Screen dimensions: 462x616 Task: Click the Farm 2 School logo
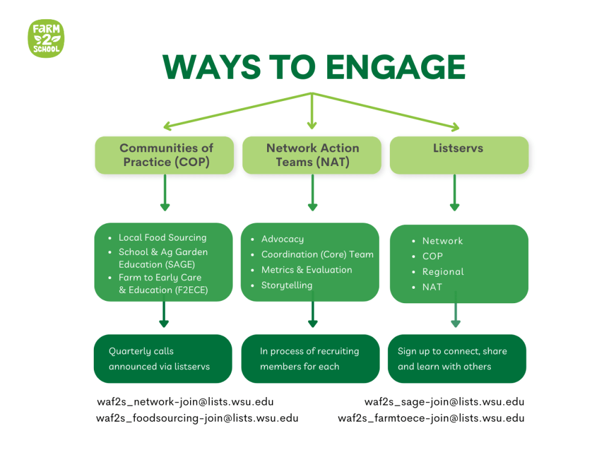[46, 38]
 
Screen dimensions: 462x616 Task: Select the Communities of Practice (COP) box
[164, 155]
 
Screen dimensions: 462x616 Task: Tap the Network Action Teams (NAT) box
[312, 155]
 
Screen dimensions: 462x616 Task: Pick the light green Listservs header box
[459, 155]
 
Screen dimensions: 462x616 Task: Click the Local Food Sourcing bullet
[162, 238]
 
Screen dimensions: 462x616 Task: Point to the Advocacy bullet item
[282, 239]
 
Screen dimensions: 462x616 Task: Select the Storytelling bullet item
[286, 285]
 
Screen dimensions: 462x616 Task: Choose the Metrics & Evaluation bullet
[306, 270]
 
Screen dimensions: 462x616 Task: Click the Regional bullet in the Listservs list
[443, 271]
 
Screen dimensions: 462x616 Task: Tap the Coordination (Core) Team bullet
[317, 254]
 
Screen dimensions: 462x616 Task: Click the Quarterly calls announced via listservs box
[162, 359]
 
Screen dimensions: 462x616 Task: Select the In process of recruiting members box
[310, 359]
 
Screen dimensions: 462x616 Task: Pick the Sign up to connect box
[457, 359]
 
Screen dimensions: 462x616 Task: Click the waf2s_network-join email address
[185, 402]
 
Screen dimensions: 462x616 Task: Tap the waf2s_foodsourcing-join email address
[197, 418]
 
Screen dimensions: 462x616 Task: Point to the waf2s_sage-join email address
[444, 402]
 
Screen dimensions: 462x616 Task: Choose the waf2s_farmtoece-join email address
[431, 418]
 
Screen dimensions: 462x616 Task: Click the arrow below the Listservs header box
[454, 192]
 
